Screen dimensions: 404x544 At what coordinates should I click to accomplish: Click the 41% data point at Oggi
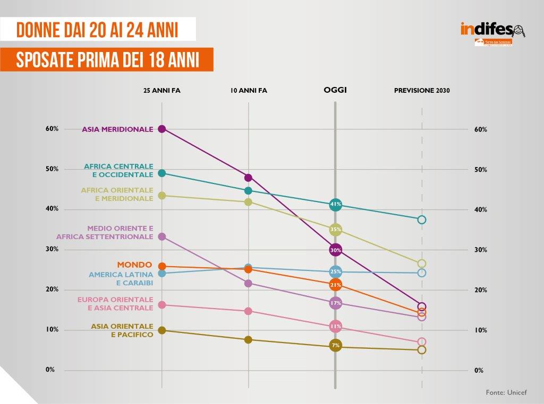click(335, 204)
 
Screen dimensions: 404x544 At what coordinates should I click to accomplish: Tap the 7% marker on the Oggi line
click(335, 346)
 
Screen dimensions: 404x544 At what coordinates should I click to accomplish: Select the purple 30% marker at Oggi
click(335, 250)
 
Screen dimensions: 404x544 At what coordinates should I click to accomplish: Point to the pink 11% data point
click(335, 326)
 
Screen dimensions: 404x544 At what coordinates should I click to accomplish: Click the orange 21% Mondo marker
click(335, 285)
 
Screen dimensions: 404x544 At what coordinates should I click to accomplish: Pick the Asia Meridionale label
click(117, 129)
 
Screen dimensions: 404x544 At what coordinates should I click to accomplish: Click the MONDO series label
click(134, 265)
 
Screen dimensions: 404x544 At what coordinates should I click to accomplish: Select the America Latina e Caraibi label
click(121, 279)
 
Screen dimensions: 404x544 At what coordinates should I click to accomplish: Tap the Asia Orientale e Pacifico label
click(122, 330)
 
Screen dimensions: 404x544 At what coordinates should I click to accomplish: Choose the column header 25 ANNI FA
click(161, 91)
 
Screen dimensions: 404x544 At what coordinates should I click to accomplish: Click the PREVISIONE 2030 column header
click(422, 91)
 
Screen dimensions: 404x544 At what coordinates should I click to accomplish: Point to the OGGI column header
click(335, 90)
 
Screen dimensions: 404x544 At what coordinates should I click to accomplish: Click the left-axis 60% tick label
click(52, 129)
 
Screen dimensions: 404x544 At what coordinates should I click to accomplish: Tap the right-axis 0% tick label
click(479, 371)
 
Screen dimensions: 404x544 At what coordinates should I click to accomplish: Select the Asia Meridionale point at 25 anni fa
click(162, 129)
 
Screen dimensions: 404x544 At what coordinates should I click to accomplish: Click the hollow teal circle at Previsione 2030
click(422, 219)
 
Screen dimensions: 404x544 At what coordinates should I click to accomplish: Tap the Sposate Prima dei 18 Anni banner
click(107, 60)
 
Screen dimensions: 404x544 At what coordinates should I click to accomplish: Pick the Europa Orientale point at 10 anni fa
click(248, 311)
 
